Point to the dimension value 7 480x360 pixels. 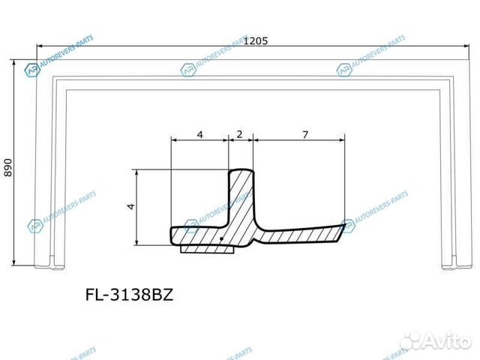pyautogui.click(x=304, y=134)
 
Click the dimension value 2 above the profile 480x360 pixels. pyautogui.click(x=238, y=134)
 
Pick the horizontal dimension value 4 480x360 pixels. pyautogui.click(x=199, y=134)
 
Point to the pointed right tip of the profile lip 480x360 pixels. pyautogui.click(x=350, y=222)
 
